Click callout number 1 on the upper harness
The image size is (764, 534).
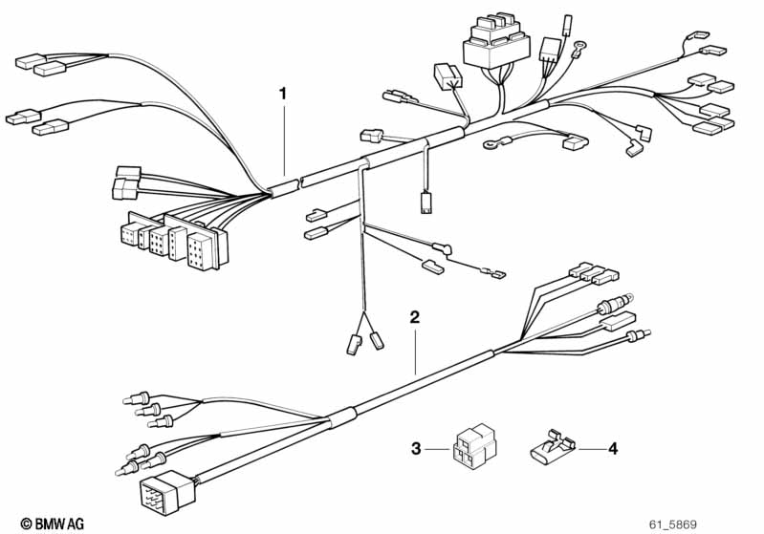pyautogui.click(x=283, y=94)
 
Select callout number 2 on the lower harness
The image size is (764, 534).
pyautogui.click(x=414, y=317)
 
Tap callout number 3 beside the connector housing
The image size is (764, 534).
pyautogui.click(x=416, y=448)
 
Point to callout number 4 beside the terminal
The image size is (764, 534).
pyautogui.click(x=613, y=448)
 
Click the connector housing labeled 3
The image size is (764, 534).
pyautogui.click(x=474, y=446)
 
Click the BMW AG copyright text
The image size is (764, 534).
pyautogui.click(x=53, y=523)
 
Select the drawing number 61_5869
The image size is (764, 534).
pyautogui.click(x=673, y=524)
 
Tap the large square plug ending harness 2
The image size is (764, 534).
pyautogui.click(x=166, y=492)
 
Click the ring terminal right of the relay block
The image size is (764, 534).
pyautogui.click(x=578, y=48)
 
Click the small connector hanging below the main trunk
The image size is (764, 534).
pyautogui.click(x=426, y=203)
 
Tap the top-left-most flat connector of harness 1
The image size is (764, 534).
pyautogui.click(x=31, y=61)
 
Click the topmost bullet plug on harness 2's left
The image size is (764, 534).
pyautogui.click(x=138, y=398)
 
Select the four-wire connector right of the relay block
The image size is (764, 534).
pyautogui.click(x=550, y=49)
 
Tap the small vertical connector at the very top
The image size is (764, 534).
pyautogui.click(x=567, y=25)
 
